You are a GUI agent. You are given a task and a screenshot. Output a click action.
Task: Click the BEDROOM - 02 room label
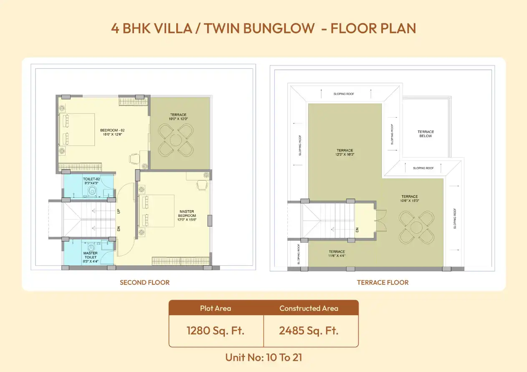[112, 132]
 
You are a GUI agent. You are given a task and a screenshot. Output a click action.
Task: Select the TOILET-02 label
[91, 181]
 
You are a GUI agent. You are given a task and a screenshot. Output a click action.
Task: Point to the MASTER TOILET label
[90, 255]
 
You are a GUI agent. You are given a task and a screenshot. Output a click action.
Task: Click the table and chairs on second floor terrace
[175, 141]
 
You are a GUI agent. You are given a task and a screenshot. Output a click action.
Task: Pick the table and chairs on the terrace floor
[416, 228]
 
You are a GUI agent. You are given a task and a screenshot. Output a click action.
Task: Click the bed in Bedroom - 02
[77, 129]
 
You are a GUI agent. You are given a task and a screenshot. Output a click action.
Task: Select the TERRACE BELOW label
[426, 134]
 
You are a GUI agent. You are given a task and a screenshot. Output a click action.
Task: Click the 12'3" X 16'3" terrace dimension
[345, 155]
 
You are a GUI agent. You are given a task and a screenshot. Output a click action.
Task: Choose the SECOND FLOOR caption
[144, 282]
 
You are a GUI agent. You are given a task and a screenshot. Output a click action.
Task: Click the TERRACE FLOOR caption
[383, 282]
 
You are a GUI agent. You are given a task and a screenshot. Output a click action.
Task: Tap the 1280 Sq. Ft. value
[215, 331]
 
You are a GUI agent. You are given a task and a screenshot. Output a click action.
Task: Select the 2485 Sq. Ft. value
[309, 331]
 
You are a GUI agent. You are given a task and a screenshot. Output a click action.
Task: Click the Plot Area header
[215, 309]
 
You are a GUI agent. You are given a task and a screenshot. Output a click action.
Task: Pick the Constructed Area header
[309, 309]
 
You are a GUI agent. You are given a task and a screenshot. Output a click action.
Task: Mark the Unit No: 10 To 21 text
[263, 357]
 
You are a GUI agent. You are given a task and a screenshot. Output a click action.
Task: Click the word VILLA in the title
[172, 28]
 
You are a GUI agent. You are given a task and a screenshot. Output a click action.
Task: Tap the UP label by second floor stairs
[119, 211]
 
